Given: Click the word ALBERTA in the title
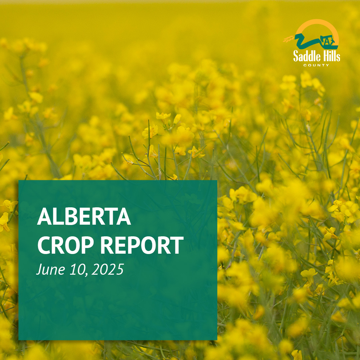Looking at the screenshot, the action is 84,216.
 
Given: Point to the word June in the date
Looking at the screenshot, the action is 51,269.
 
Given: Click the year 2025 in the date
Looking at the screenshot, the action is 108,269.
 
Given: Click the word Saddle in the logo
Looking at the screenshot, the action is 305,56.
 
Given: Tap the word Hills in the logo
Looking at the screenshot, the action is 330,56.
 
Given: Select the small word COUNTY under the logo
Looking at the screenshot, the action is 316,65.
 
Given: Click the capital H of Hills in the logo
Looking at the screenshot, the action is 324,56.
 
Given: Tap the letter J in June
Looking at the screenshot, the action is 39,270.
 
